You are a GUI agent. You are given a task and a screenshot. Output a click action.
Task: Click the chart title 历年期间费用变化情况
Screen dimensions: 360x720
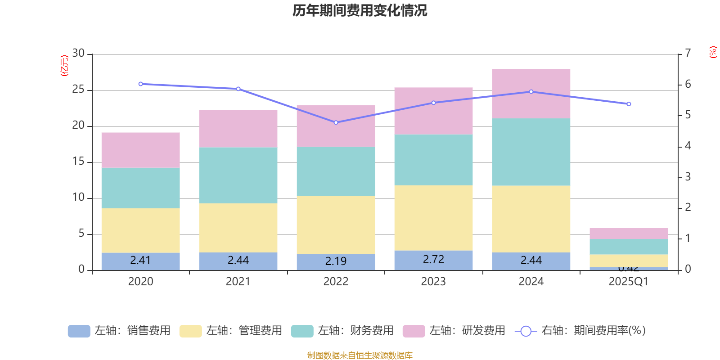tap(360, 10)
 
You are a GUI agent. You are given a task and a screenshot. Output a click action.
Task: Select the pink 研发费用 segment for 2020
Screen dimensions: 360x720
tap(140, 150)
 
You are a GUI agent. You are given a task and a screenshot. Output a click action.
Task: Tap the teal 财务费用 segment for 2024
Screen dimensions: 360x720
tap(531, 152)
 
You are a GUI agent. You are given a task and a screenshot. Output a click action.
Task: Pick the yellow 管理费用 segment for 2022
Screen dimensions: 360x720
tap(336, 225)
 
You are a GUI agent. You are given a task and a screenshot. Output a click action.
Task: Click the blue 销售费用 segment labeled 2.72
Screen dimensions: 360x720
tap(433, 260)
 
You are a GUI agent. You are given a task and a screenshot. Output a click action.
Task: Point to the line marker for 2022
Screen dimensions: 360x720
tap(336, 122)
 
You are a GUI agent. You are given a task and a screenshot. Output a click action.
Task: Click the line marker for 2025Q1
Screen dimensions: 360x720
tap(629, 104)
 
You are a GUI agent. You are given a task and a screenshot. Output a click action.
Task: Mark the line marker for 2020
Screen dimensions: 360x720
tap(140, 84)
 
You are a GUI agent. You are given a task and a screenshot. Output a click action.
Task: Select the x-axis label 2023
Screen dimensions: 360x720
tap(433, 282)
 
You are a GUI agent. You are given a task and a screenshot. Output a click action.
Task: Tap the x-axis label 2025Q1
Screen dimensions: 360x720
tap(629, 282)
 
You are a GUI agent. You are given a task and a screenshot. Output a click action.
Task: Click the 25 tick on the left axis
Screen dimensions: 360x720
tap(78, 90)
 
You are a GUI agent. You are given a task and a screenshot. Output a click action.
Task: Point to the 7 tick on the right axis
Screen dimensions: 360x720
tap(688, 53)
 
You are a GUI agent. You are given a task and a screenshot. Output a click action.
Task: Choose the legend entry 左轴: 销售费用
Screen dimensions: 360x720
tap(119, 331)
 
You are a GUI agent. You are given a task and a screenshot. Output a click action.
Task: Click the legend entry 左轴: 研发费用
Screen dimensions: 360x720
tap(454, 331)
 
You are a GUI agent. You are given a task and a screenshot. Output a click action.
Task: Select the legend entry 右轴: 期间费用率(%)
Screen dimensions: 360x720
tap(580, 331)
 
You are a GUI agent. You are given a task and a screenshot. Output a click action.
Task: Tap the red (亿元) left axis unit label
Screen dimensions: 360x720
tap(64, 65)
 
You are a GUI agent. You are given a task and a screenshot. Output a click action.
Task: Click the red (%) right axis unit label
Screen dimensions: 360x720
tap(713, 52)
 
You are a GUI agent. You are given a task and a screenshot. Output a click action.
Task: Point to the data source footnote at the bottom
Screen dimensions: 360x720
tap(360, 355)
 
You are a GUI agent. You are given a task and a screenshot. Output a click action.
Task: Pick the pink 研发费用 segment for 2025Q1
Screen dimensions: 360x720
tap(629, 233)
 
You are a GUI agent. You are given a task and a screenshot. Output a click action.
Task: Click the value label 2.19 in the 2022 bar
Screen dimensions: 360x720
tap(336, 261)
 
